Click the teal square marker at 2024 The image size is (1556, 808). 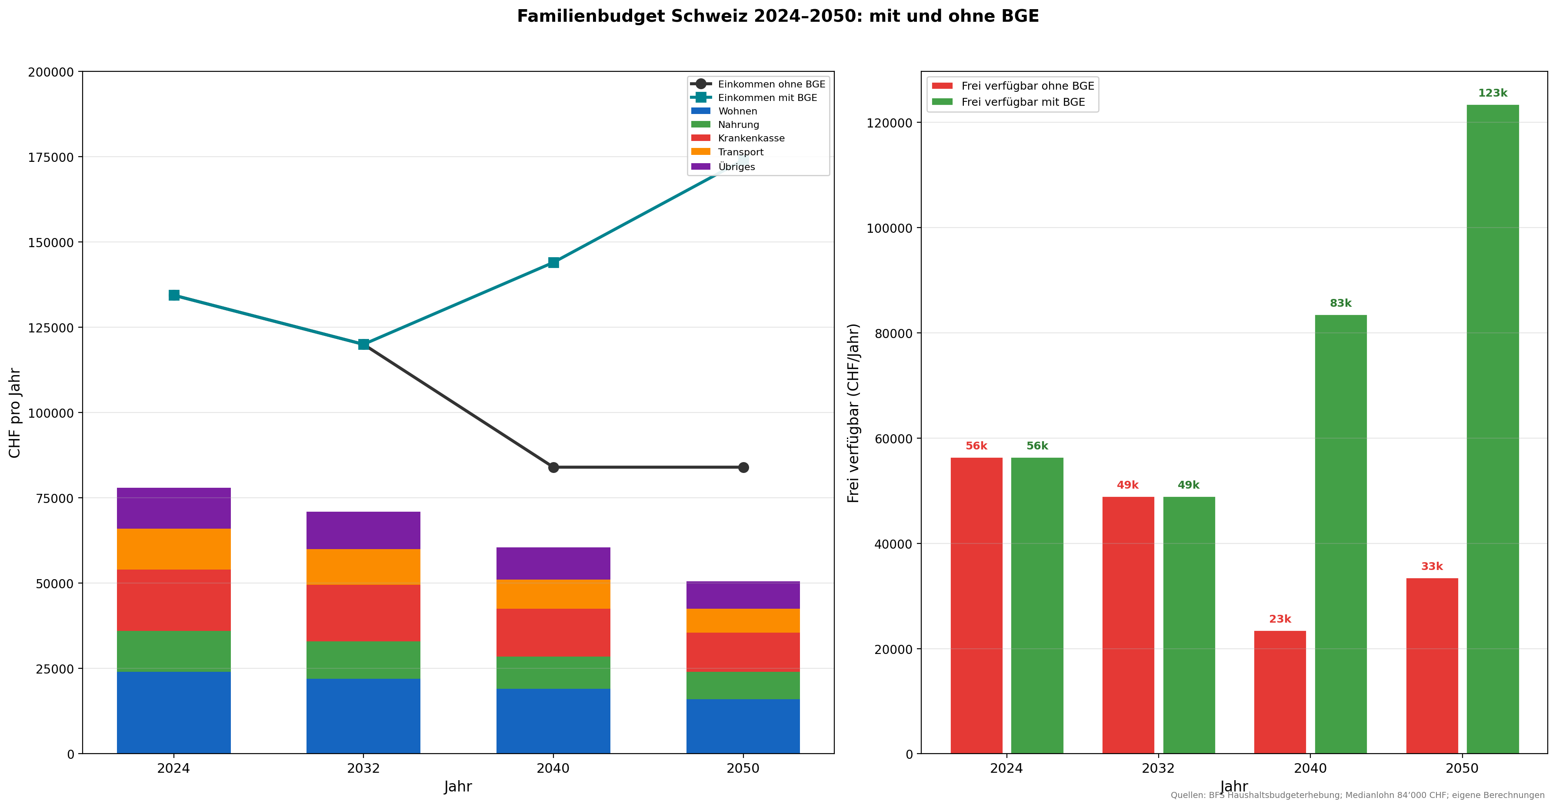[x=174, y=295]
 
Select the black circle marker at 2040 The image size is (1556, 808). [x=553, y=467]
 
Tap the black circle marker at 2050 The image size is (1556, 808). [x=743, y=467]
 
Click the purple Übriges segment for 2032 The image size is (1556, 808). [x=363, y=530]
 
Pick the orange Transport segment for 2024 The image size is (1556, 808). [x=174, y=549]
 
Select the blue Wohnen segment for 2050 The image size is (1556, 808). [x=743, y=726]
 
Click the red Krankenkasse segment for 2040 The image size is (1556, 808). [x=553, y=632]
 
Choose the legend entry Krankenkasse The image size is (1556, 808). [x=751, y=138]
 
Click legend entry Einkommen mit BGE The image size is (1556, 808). [x=767, y=98]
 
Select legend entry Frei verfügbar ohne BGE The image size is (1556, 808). [x=1027, y=86]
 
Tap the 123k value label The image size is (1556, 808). [x=1492, y=93]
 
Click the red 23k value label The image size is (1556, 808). [x=1279, y=619]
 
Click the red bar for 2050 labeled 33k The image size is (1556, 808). [x=1432, y=665]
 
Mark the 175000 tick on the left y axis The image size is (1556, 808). [x=51, y=157]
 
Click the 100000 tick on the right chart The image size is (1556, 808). [x=889, y=228]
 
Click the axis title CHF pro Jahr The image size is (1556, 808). [x=15, y=413]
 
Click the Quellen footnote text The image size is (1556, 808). [x=1357, y=795]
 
